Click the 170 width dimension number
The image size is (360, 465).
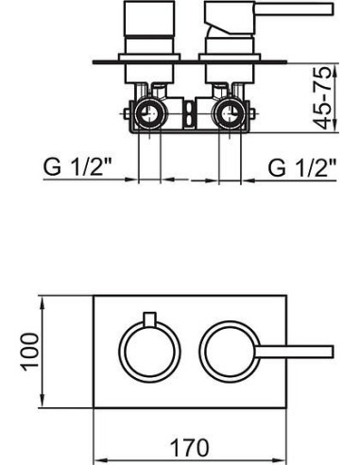tap(189, 448)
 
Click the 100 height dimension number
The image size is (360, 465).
tap(30, 352)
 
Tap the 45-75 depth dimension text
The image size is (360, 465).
tap(323, 97)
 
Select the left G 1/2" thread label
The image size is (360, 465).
tap(78, 167)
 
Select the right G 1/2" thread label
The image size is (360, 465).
tap(302, 167)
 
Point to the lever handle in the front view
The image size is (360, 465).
tap(295, 352)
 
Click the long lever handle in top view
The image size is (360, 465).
tap(294, 9)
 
